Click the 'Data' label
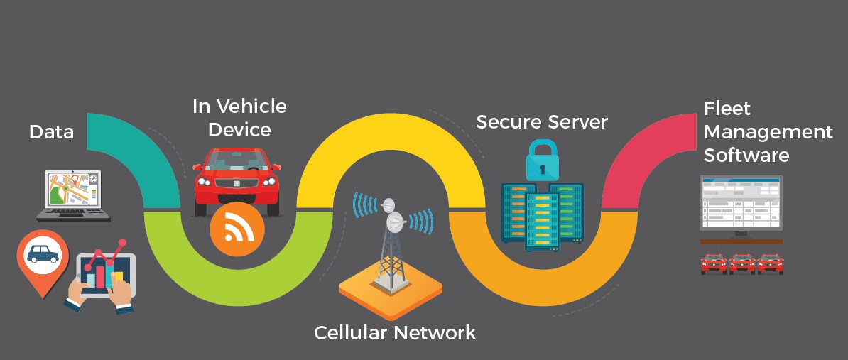[x=51, y=132]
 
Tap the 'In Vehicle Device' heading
[x=239, y=118]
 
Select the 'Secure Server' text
[x=542, y=121]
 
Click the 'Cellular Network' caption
[x=395, y=332]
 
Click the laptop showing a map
[x=73, y=195]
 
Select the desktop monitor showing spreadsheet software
[x=741, y=209]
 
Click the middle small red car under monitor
[x=741, y=263]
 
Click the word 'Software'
[x=746, y=156]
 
